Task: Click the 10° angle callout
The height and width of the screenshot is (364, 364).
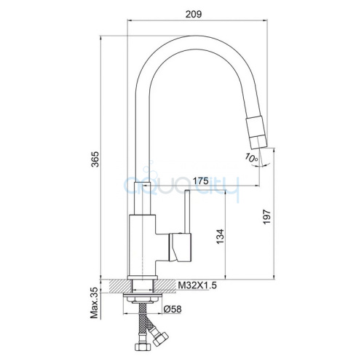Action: [x=250, y=157]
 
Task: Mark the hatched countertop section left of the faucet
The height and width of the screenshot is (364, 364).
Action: [x=116, y=286]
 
